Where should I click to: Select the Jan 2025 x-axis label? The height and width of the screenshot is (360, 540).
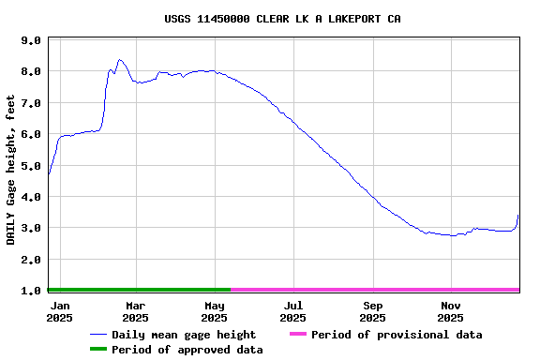(60, 311)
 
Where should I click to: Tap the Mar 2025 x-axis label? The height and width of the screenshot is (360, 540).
(136, 311)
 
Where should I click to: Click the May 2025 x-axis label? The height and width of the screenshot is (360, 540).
(215, 311)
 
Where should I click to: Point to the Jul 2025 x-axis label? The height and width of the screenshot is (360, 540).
(293, 311)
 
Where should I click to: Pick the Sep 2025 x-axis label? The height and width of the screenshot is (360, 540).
(373, 311)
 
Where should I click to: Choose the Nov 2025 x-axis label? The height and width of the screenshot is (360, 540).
(451, 311)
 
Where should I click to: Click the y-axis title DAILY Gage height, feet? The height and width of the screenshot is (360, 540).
(11, 170)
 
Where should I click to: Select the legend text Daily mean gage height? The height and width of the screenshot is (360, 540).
(184, 335)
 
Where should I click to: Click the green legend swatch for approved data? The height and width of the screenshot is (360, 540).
(97, 350)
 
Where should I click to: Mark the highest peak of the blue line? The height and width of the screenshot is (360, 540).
(119, 60)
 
